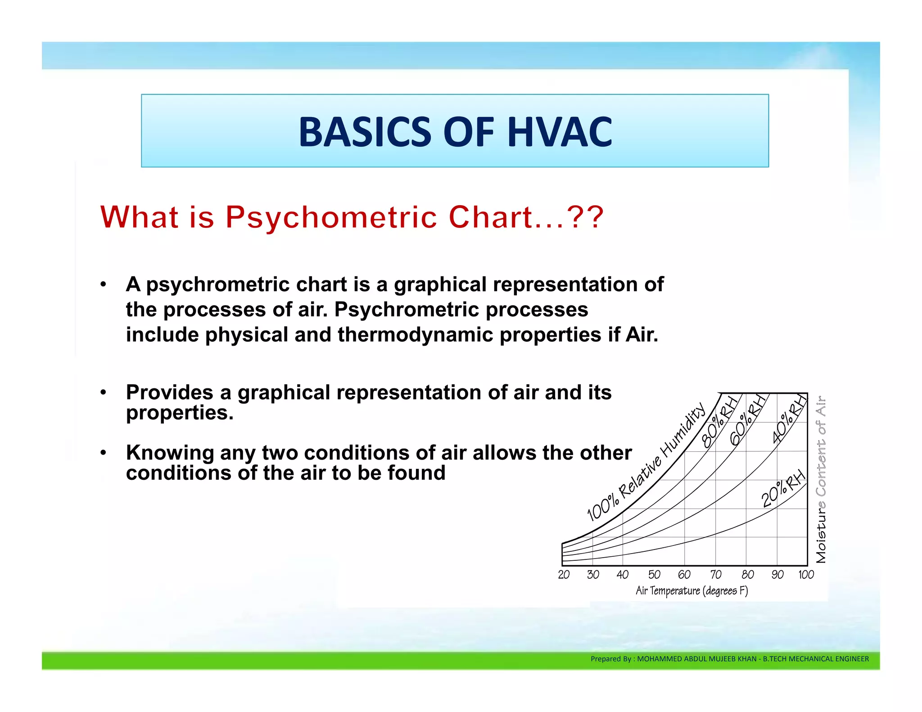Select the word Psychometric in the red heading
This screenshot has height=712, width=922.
click(x=331, y=217)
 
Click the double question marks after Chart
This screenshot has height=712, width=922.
click(x=585, y=217)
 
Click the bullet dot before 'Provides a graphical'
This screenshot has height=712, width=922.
click(x=103, y=392)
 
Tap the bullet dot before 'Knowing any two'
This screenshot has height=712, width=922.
click(x=103, y=453)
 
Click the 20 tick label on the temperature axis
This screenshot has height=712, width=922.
click(x=564, y=575)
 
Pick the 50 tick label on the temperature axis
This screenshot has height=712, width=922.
click(x=654, y=575)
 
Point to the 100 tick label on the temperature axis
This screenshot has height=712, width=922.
click(x=806, y=575)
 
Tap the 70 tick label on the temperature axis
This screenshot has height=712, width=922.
click(x=715, y=575)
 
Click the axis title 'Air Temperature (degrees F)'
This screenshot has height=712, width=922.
click(x=691, y=590)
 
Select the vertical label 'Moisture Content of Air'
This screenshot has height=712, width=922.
click(x=821, y=479)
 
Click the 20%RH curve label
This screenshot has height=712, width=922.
click(x=783, y=488)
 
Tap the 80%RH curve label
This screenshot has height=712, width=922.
click(x=719, y=422)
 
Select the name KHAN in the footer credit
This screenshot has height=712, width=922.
click(x=748, y=659)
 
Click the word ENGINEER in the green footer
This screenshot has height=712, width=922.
click(x=852, y=659)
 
